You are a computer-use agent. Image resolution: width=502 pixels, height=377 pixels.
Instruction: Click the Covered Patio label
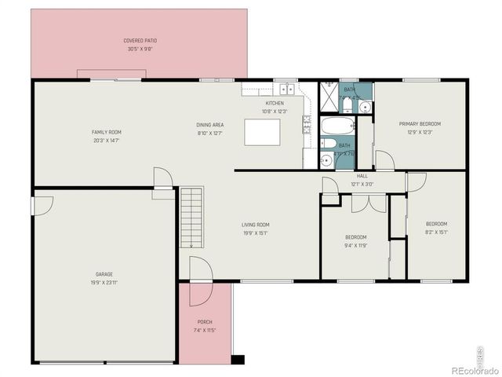(x=139, y=40)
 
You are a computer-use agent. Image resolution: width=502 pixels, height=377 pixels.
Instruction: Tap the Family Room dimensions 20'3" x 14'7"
(x=107, y=141)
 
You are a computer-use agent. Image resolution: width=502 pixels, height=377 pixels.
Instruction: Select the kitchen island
(x=262, y=132)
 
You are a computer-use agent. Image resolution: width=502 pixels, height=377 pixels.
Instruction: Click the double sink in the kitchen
(x=288, y=89)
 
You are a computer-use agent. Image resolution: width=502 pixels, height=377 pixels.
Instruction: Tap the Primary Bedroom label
(x=420, y=124)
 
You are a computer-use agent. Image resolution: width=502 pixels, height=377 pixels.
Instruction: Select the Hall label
(x=362, y=176)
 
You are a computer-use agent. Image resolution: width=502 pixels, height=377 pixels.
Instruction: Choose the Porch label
(x=205, y=322)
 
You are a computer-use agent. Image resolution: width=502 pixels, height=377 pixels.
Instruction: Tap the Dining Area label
(x=210, y=125)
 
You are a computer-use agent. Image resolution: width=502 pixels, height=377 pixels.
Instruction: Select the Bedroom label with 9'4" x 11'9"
(x=355, y=237)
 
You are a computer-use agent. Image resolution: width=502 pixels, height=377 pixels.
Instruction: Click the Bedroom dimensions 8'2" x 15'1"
(x=437, y=231)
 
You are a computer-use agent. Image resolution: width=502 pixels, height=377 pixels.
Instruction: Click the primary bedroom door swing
(x=384, y=161)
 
